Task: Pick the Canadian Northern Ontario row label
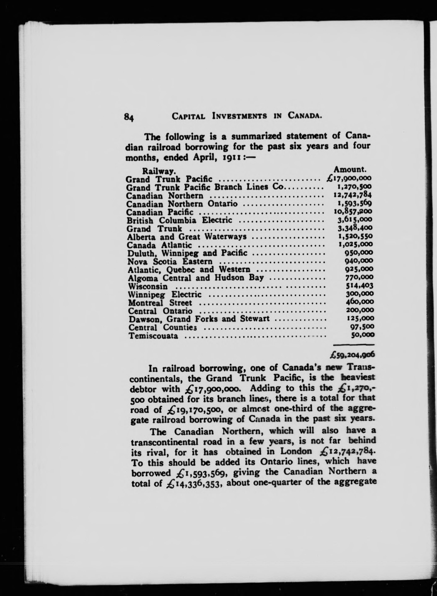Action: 182,204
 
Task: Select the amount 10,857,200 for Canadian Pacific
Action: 353,211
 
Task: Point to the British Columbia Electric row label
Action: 179,220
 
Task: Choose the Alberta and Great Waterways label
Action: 187,237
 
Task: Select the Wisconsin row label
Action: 148,286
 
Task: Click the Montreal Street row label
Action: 160,303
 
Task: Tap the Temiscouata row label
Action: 153,336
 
